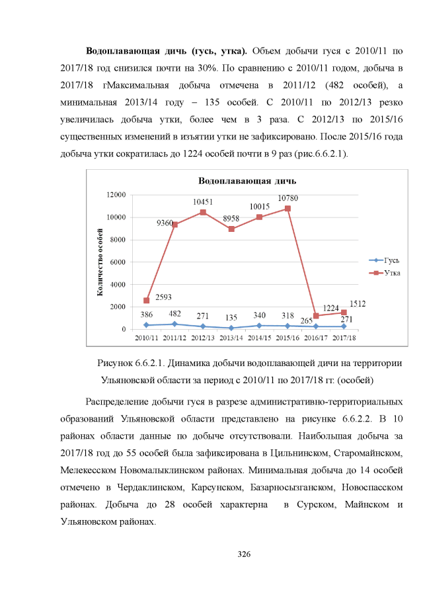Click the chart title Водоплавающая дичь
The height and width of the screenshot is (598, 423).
coord(248,180)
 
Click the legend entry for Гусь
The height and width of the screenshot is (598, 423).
coord(384,260)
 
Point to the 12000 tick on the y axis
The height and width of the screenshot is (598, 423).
coord(117,195)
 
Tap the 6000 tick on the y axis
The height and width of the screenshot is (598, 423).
coord(119,262)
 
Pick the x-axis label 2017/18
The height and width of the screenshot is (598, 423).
coord(344,338)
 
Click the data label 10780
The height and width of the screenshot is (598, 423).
coord(288,198)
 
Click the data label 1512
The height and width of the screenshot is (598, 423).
coord(358,304)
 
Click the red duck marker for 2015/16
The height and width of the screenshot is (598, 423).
coord(288,208)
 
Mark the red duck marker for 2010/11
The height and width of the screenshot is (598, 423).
coord(146,300)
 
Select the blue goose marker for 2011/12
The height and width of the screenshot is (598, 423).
coord(174,324)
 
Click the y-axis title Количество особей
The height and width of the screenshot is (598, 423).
coord(100,261)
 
